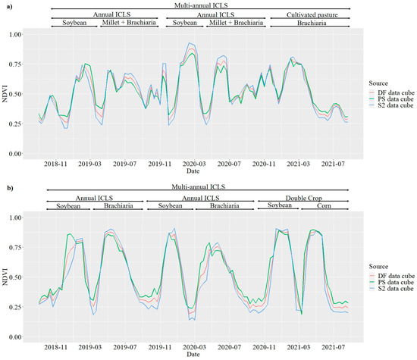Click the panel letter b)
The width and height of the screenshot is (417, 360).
(x=6, y=185)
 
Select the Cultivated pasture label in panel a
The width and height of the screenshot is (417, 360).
(x=309, y=15)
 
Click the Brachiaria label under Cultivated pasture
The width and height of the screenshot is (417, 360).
(x=309, y=24)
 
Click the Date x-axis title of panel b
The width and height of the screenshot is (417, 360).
(x=193, y=354)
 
